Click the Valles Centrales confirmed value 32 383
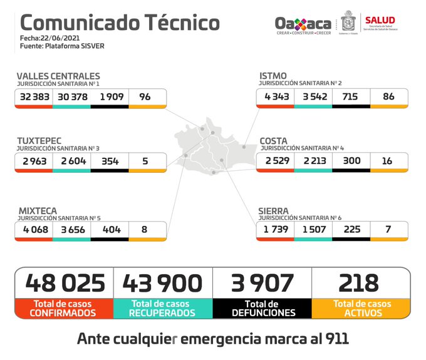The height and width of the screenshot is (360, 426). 34,97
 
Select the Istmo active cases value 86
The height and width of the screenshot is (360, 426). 388,97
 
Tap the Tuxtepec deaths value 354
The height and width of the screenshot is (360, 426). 110,161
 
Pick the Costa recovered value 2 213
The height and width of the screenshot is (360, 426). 313,161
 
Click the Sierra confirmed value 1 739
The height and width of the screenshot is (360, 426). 274,230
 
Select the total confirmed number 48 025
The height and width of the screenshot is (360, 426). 65,283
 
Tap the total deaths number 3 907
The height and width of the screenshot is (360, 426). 262,283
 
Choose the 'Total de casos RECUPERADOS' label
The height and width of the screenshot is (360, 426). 163,308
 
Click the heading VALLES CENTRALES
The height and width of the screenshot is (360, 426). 58,76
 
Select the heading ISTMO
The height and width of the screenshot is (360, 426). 273,76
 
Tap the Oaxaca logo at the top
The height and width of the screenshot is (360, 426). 303,24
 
